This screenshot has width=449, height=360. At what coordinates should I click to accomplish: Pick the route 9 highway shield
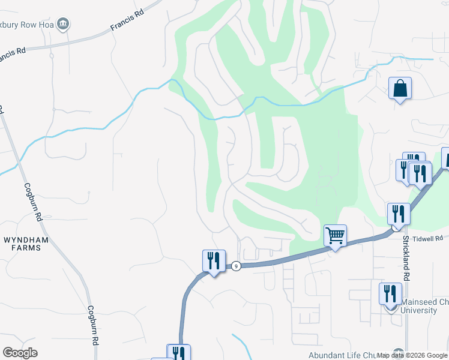[x=237, y=266]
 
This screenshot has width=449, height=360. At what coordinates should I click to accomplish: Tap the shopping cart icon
[x=336, y=235]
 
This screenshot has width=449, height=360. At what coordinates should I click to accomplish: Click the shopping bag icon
[x=400, y=89]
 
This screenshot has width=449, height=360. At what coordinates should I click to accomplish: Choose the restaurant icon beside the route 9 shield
[x=214, y=261]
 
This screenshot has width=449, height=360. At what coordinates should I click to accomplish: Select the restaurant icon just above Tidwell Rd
[x=398, y=214]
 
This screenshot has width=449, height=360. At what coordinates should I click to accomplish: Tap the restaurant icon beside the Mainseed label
[x=390, y=294]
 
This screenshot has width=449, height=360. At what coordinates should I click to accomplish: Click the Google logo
[x=20, y=353]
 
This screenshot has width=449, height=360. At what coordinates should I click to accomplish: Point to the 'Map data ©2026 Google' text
[x=412, y=355]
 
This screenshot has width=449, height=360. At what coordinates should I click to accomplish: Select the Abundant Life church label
[x=349, y=355]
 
